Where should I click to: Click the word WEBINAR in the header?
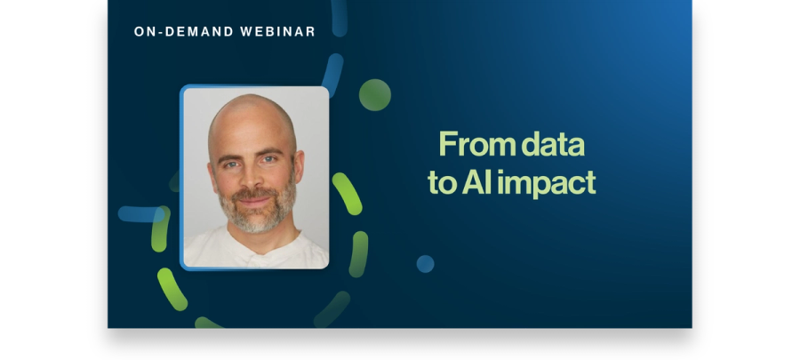pyautogui.click(x=277, y=32)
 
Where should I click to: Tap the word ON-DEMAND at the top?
pyautogui.click(x=184, y=32)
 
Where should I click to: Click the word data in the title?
pyautogui.click(x=553, y=144)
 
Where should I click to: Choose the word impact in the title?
pyautogui.click(x=547, y=184)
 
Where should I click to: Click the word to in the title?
pyautogui.click(x=442, y=184)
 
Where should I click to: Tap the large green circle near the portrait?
pyautogui.click(x=375, y=95)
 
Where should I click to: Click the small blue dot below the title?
pyautogui.click(x=426, y=264)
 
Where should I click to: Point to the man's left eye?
pyautogui.click(x=268, y=160)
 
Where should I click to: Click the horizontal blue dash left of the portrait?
pyautogui.click(x=140, y=214)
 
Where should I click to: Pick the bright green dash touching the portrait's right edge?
pyautogui.click(x=348, y=194)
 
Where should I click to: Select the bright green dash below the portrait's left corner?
pyautogui.click(x=172, y=289)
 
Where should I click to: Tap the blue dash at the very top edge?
pyautogui.click(x=340, y=18)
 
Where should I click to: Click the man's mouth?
pyautogui.click(x=253, y=200)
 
